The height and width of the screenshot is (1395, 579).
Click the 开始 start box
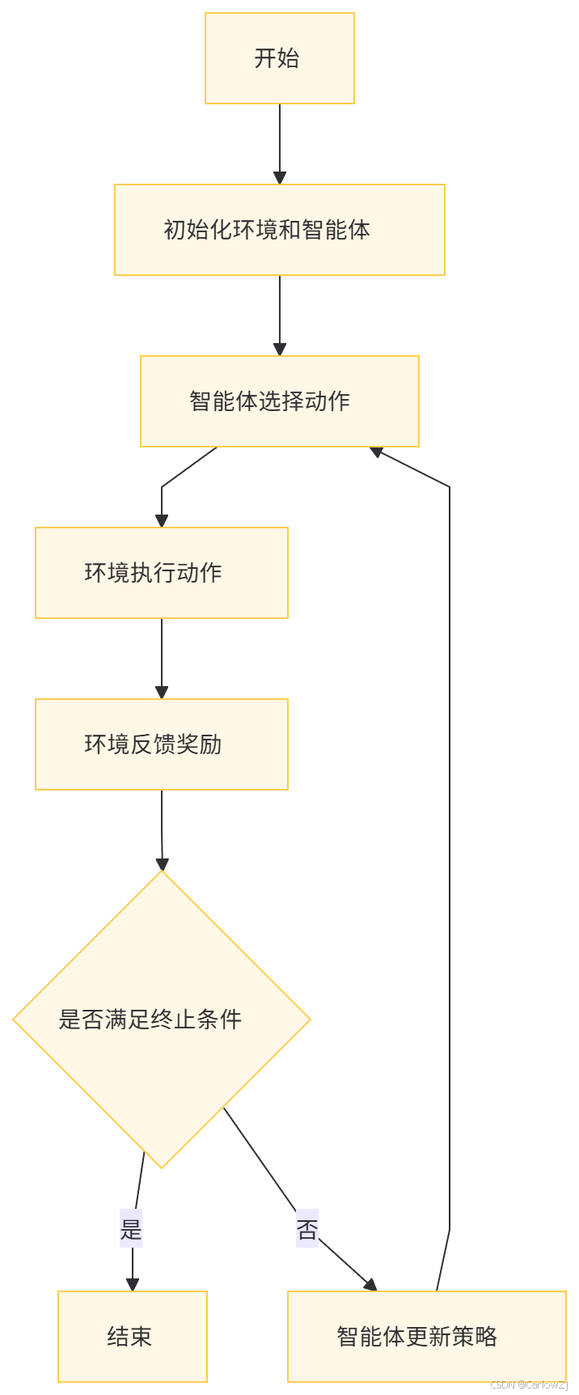point(279,58)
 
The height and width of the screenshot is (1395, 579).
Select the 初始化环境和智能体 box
point(279,230)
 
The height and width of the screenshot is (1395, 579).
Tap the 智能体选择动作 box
point(279,401)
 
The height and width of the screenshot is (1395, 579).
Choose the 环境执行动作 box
point(162,573)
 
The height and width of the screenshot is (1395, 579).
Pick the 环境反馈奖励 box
point(162,744)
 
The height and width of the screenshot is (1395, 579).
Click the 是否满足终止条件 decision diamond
point(162,1020)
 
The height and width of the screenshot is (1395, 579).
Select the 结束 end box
point(132,1336)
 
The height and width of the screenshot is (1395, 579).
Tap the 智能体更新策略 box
point(426,1336)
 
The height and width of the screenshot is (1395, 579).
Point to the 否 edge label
point(307,1228)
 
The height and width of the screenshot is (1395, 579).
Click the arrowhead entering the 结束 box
point(132,1283)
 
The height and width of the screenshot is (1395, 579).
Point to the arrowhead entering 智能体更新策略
point(370,1284)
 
